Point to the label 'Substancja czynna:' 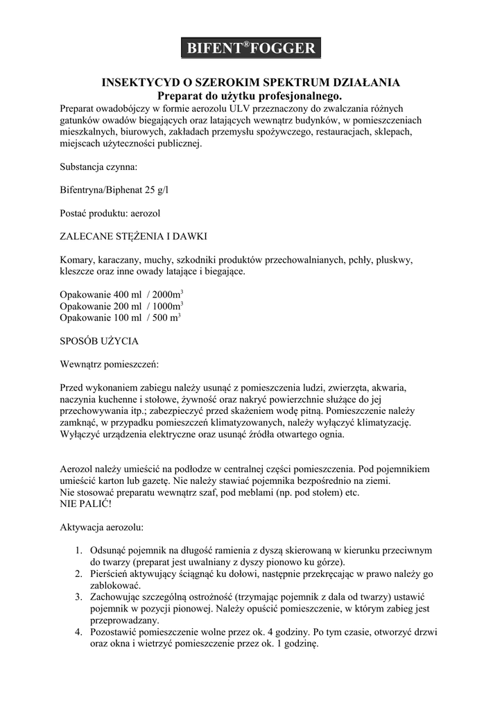click(x=98, y=167)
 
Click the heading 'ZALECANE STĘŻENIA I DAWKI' click(x=132, y=236)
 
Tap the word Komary click(x=77, y=259)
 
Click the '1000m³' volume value click(x=168, y=306)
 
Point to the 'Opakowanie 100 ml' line click(x=101, y=318)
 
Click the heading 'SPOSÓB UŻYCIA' click(x=99, y=341)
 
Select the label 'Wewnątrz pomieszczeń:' click(x=110, y=363)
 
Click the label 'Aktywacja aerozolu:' click(x=102, y=527)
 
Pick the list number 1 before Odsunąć click(x=79, y=551)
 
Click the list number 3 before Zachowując click(x=79, y=597)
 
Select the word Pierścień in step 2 click(x=111, y=573)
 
